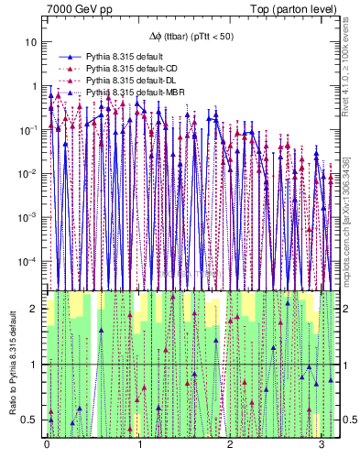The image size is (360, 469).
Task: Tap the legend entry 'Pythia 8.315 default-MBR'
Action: click(138, 93)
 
